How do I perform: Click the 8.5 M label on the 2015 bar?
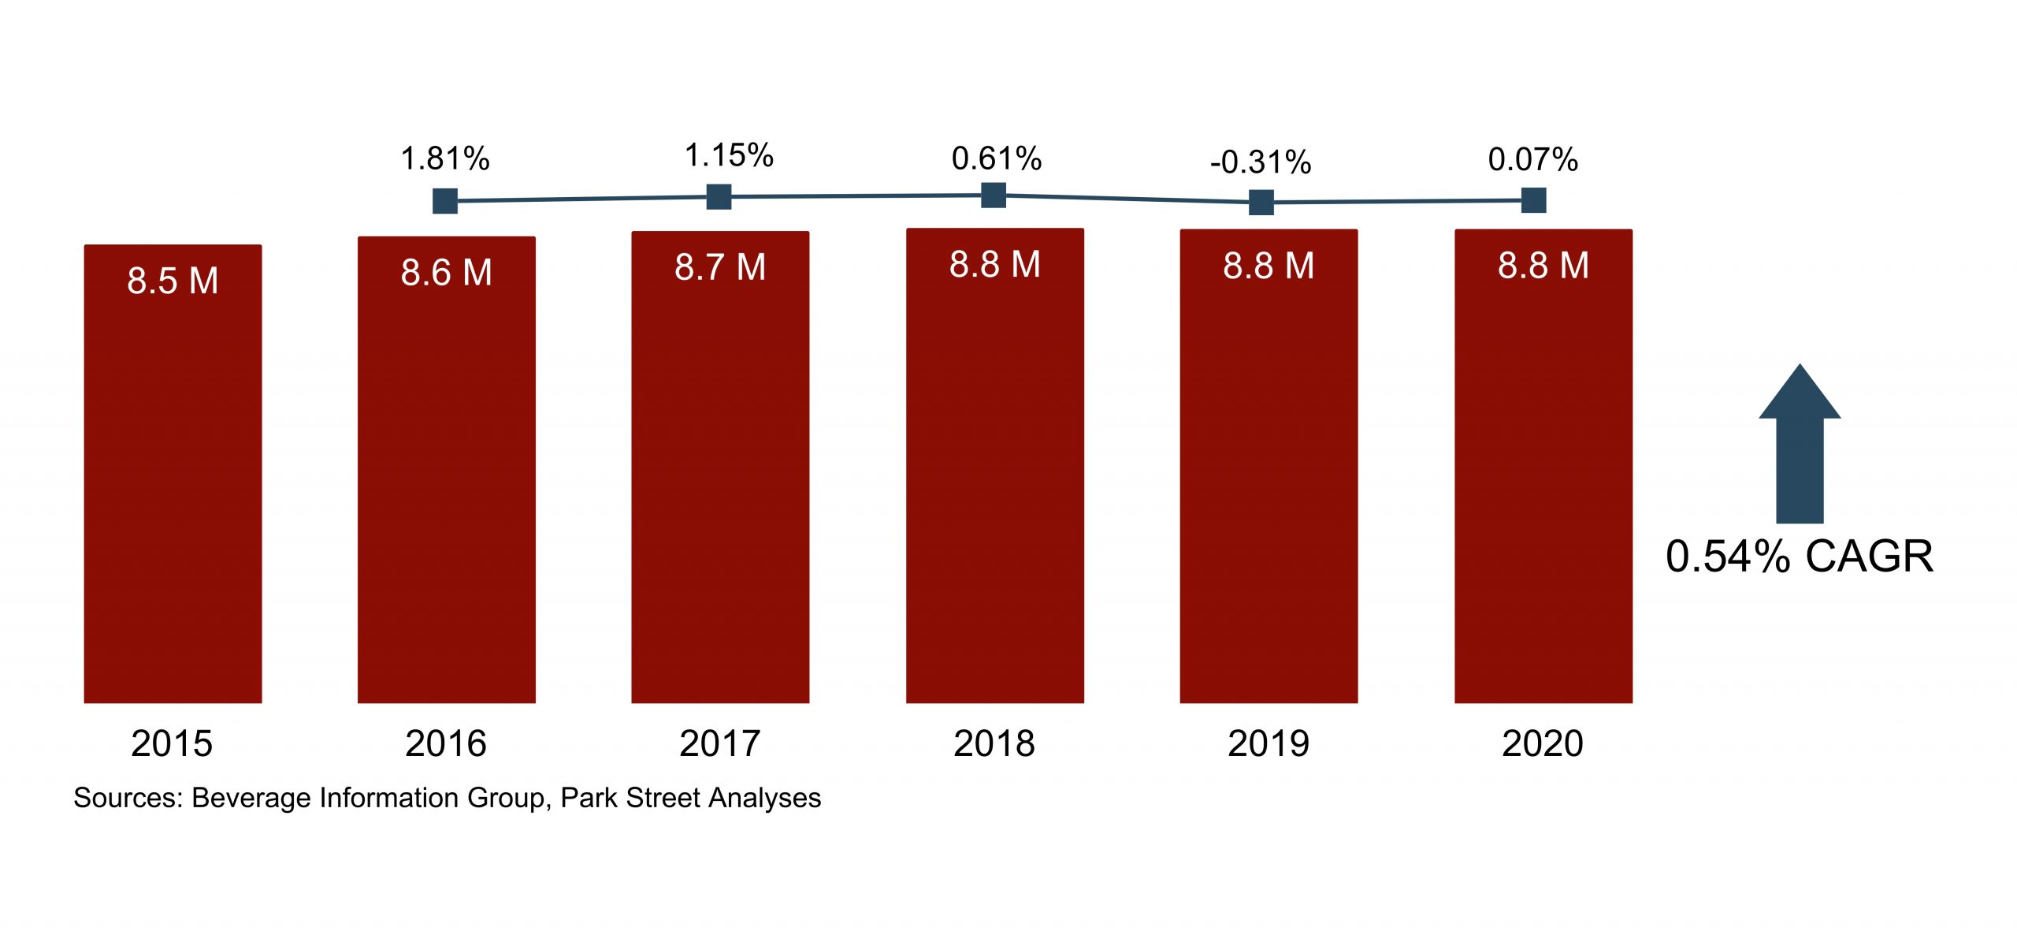click(x=173, y=281)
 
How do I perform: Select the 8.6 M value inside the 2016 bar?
click(x=446, y=273)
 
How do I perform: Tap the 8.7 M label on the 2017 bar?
click(x=720, y=267)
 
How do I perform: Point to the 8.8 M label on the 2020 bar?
click(x=1543, y=266)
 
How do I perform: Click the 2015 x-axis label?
click(x=172, y=743)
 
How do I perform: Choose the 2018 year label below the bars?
click(x=994, y=743)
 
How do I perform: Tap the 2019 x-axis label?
click(x=1268, y=743)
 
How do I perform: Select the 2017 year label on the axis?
click(x=719, y=743)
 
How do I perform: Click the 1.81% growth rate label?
click(x=445, y=159)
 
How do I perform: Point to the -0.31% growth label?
click(x=1261, y=162)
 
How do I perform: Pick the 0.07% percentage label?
click(x=1532, y=160)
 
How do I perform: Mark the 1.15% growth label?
click(x=729, y=156)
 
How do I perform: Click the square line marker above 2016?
click(x=445, y=201)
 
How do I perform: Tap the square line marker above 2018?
click(x=994, y=195)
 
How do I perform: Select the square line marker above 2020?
click(x=1533, y=200)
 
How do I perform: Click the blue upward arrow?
click(x=1800, y=445)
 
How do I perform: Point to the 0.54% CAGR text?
click(x=1799, y=557)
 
